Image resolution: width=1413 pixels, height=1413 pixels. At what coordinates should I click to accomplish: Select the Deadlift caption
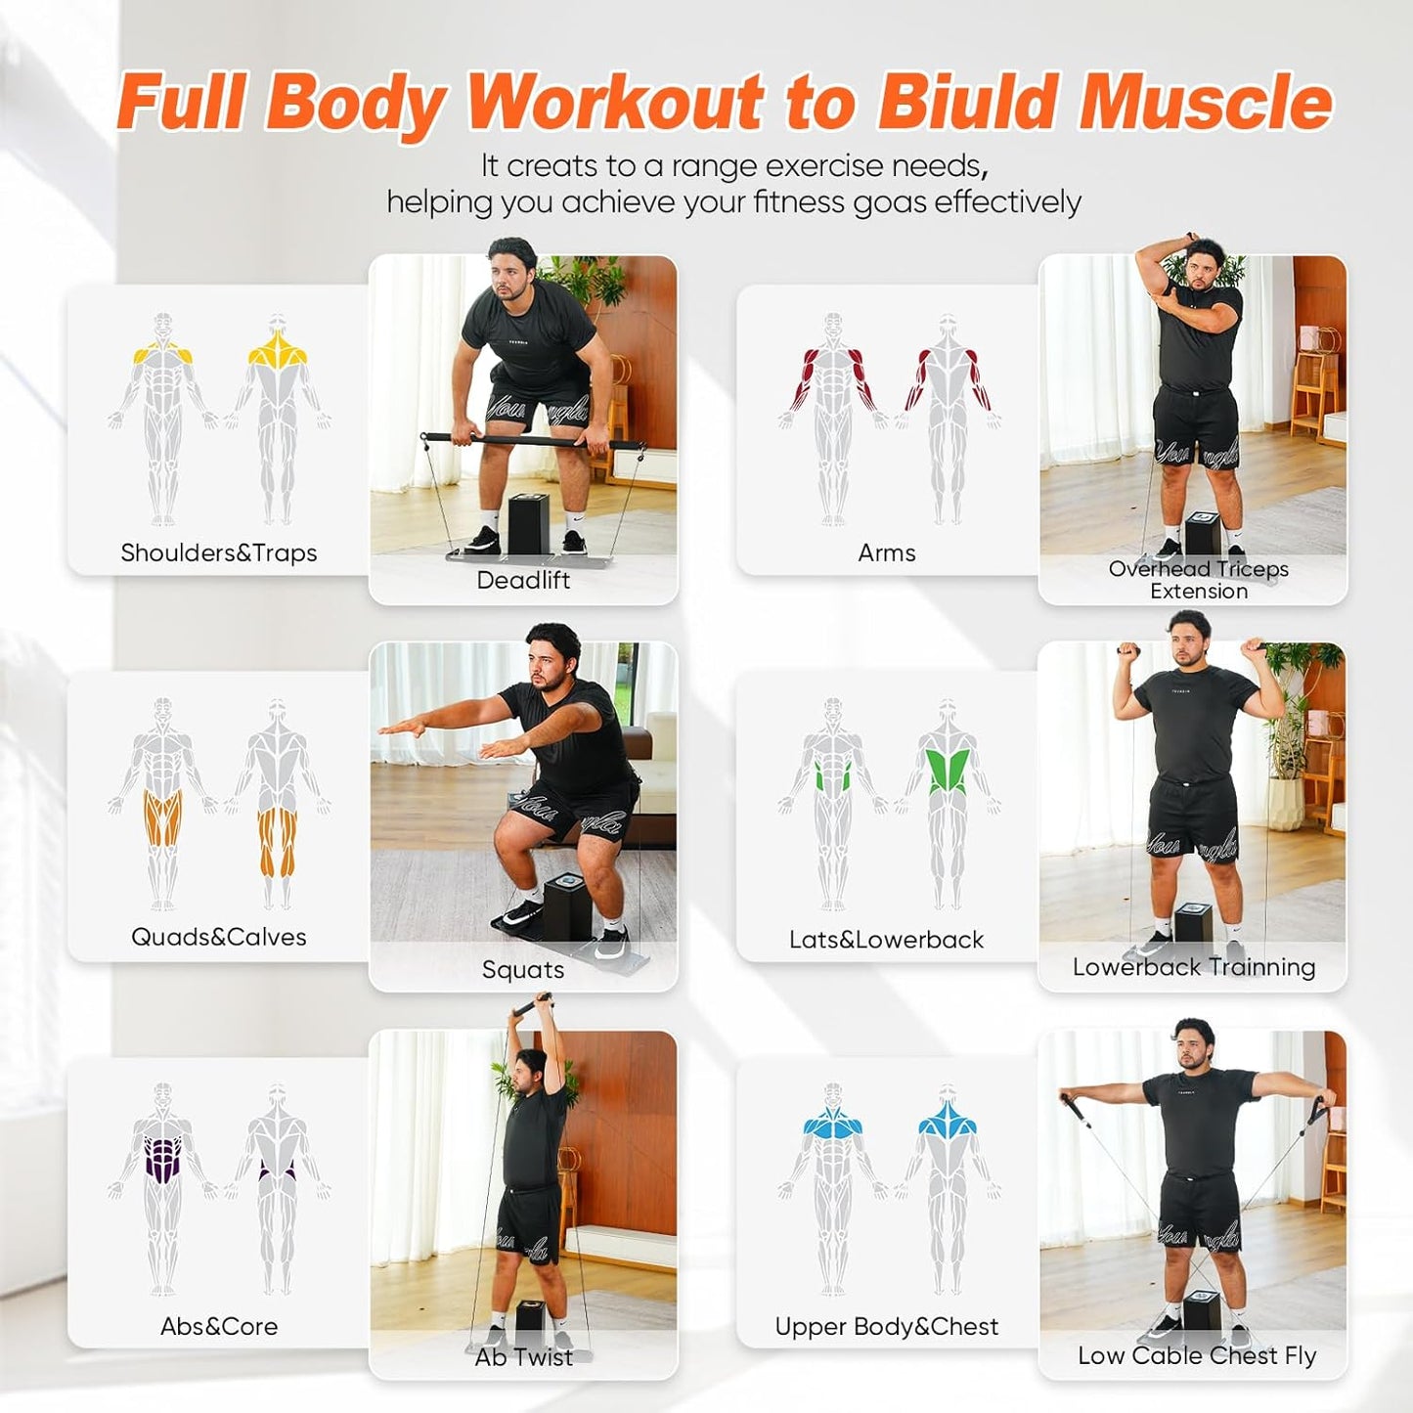(x=523, y=580)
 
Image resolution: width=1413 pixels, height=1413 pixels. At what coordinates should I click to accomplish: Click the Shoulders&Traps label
(x=219, y=552)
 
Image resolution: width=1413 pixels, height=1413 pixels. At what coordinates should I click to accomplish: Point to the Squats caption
(x=523, y=969)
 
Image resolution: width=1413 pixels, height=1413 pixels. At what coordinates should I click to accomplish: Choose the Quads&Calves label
(x=219, y=937)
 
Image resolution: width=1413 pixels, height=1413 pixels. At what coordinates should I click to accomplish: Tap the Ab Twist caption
(x=523, y=1356)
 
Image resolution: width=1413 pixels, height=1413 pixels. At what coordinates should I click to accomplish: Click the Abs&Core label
(x=219, y=1326)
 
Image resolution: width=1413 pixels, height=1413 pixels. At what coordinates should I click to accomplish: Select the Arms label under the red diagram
(x=887, y=552)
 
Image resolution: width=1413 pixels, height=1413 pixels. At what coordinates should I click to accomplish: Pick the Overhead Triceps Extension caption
(x=1198, y=580)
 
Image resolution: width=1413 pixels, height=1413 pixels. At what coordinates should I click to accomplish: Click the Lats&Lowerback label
(x=887, y=940)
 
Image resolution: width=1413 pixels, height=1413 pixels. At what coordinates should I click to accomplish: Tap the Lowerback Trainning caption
(x=1194, y=967)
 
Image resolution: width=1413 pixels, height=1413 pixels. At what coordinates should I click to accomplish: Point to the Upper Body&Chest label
(x=887, y=1326)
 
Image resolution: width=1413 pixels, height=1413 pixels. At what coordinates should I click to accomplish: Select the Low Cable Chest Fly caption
(x=1197, y=1355)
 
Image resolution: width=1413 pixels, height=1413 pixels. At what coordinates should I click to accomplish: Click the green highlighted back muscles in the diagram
(x=947, y=770)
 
